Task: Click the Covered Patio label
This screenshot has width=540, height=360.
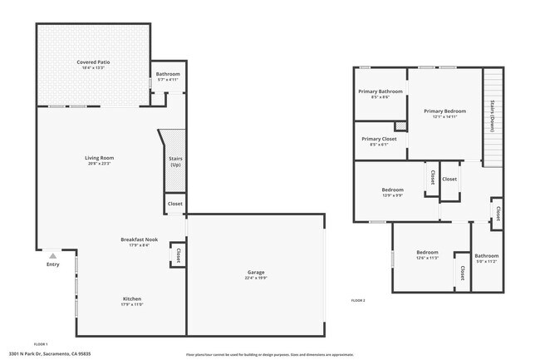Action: (93, 62)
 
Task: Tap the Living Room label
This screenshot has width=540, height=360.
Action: (99, 157)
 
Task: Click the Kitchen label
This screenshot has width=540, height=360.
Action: (132, 298)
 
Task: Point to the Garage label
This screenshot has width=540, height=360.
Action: (255, 272)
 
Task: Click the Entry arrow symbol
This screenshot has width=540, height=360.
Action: (53, 256)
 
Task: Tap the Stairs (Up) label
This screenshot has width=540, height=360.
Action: (175, 160)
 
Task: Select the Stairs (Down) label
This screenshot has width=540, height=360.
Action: (493, 116)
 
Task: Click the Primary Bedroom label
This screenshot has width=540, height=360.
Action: (444, 111)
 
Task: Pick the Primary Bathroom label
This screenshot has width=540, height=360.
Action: (380, 91)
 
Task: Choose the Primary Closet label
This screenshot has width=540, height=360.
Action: (379, 139)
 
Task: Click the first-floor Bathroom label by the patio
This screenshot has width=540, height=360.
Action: (168, 75)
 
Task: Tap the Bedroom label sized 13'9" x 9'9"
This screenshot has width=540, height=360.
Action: (392, 189)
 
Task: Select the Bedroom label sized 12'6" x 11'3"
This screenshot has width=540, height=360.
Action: (427, 252)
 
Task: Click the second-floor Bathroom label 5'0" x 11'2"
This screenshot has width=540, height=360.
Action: (486, 255)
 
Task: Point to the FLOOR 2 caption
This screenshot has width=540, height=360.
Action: (358, 299)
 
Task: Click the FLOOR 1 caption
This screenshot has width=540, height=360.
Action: (41, 343)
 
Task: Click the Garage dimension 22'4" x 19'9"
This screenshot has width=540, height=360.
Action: (255, 279)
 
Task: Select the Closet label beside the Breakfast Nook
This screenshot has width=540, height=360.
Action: (177, 255)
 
